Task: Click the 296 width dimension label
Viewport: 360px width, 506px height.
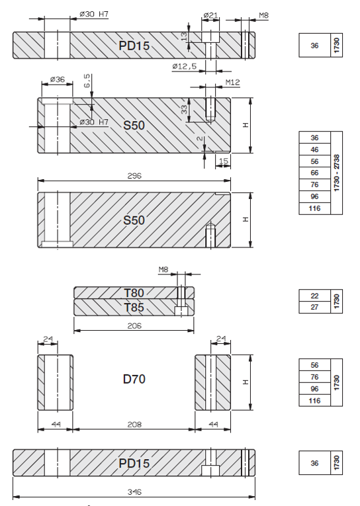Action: [134, 176]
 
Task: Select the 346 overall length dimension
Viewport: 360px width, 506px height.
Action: [134, 492]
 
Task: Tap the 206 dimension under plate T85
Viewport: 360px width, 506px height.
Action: [134, 326]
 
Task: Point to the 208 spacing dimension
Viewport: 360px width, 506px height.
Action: [134, 425]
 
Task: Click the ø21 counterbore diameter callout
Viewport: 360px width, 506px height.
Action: [211, 15]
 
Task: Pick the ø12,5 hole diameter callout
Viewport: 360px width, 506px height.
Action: [185, 67]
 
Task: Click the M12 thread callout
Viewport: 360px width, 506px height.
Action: [232, 82]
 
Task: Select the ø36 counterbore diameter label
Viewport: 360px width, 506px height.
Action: [58, 79]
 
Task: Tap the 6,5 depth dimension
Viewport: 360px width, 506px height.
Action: [87, 81]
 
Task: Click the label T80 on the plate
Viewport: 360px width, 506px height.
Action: [134, 293]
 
